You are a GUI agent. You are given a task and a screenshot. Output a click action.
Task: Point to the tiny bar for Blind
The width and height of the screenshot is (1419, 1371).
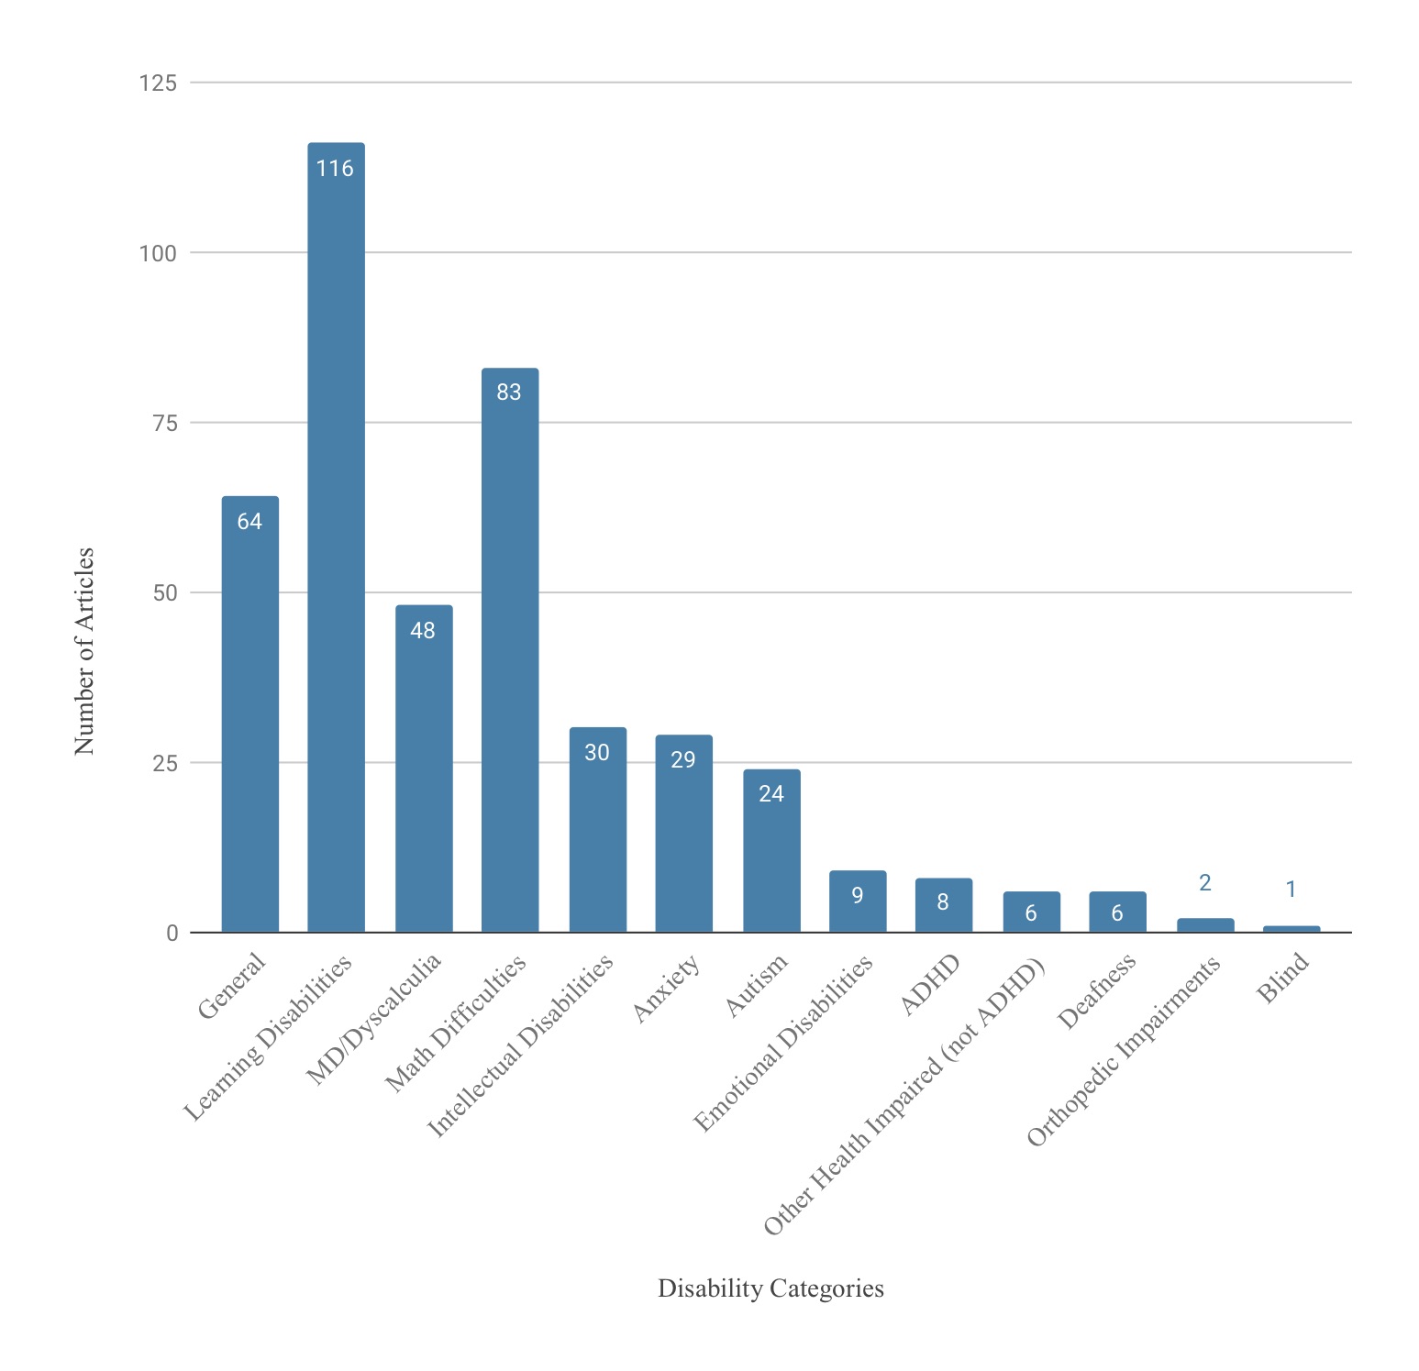pos(1292,929)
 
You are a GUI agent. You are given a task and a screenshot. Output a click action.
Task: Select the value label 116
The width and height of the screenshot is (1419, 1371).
pos(335,169)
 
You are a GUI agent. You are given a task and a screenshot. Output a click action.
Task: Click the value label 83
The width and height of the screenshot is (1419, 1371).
pos(509,393)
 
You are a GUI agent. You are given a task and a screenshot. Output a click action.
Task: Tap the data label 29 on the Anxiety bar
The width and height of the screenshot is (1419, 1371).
pos(683,760)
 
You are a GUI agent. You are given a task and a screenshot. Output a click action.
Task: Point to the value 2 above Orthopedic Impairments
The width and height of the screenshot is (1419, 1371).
pos(1205,883)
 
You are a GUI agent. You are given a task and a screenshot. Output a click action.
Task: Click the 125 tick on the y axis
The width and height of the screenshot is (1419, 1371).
pos(157,83)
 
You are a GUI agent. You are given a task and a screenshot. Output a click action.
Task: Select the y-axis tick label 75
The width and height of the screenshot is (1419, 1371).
pos(164,423)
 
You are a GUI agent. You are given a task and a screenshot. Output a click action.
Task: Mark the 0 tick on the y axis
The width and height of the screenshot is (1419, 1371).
pos(172,934)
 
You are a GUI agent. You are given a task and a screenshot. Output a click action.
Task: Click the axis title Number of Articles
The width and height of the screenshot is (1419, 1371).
pos(84,651)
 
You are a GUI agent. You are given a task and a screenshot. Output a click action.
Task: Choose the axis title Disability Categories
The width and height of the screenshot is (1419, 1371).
pos(770,1288)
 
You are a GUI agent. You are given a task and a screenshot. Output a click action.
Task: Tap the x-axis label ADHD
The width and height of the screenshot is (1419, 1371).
pos(930,985)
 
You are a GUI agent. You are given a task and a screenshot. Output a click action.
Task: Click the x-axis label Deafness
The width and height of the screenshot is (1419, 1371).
pos(1097,990)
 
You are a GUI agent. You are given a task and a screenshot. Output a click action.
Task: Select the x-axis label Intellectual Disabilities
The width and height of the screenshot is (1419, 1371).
pos(521,1046)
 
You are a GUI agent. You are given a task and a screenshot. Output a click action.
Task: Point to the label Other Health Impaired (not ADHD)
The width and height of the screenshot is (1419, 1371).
pos(904,1098)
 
